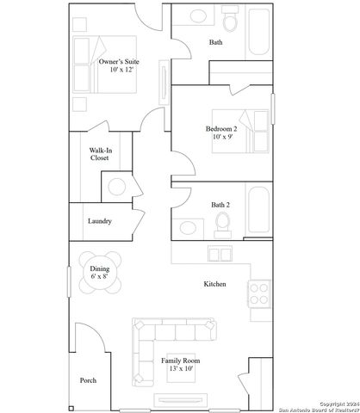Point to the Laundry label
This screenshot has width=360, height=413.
click(x=100, y=221)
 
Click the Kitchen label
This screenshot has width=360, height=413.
click(x=214, y=284)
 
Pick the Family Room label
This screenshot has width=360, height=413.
click(x=178, y=361)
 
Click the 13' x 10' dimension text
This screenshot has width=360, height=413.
click(x=178, y=369)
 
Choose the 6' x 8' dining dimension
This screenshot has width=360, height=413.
click(x=100, y=277)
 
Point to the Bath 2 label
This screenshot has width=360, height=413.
click(x=220, y=205)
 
